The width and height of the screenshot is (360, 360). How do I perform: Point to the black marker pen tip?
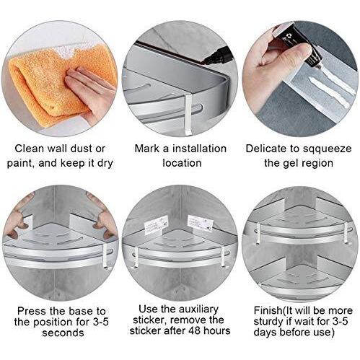[204, 62]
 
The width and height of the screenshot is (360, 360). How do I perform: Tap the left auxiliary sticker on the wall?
[156, 225]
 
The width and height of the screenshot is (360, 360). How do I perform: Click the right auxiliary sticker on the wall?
[201, 223]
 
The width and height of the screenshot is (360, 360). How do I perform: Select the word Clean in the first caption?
[30, 149]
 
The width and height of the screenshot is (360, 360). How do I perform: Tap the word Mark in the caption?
[147, 149]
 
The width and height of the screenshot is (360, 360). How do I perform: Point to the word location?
[182, 163]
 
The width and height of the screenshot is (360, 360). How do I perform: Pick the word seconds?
[63, 333]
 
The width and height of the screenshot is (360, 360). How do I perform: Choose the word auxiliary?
[198, 309]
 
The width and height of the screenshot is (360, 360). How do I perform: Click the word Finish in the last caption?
[268, 310]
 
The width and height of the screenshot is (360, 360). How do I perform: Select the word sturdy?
[268, 322]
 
